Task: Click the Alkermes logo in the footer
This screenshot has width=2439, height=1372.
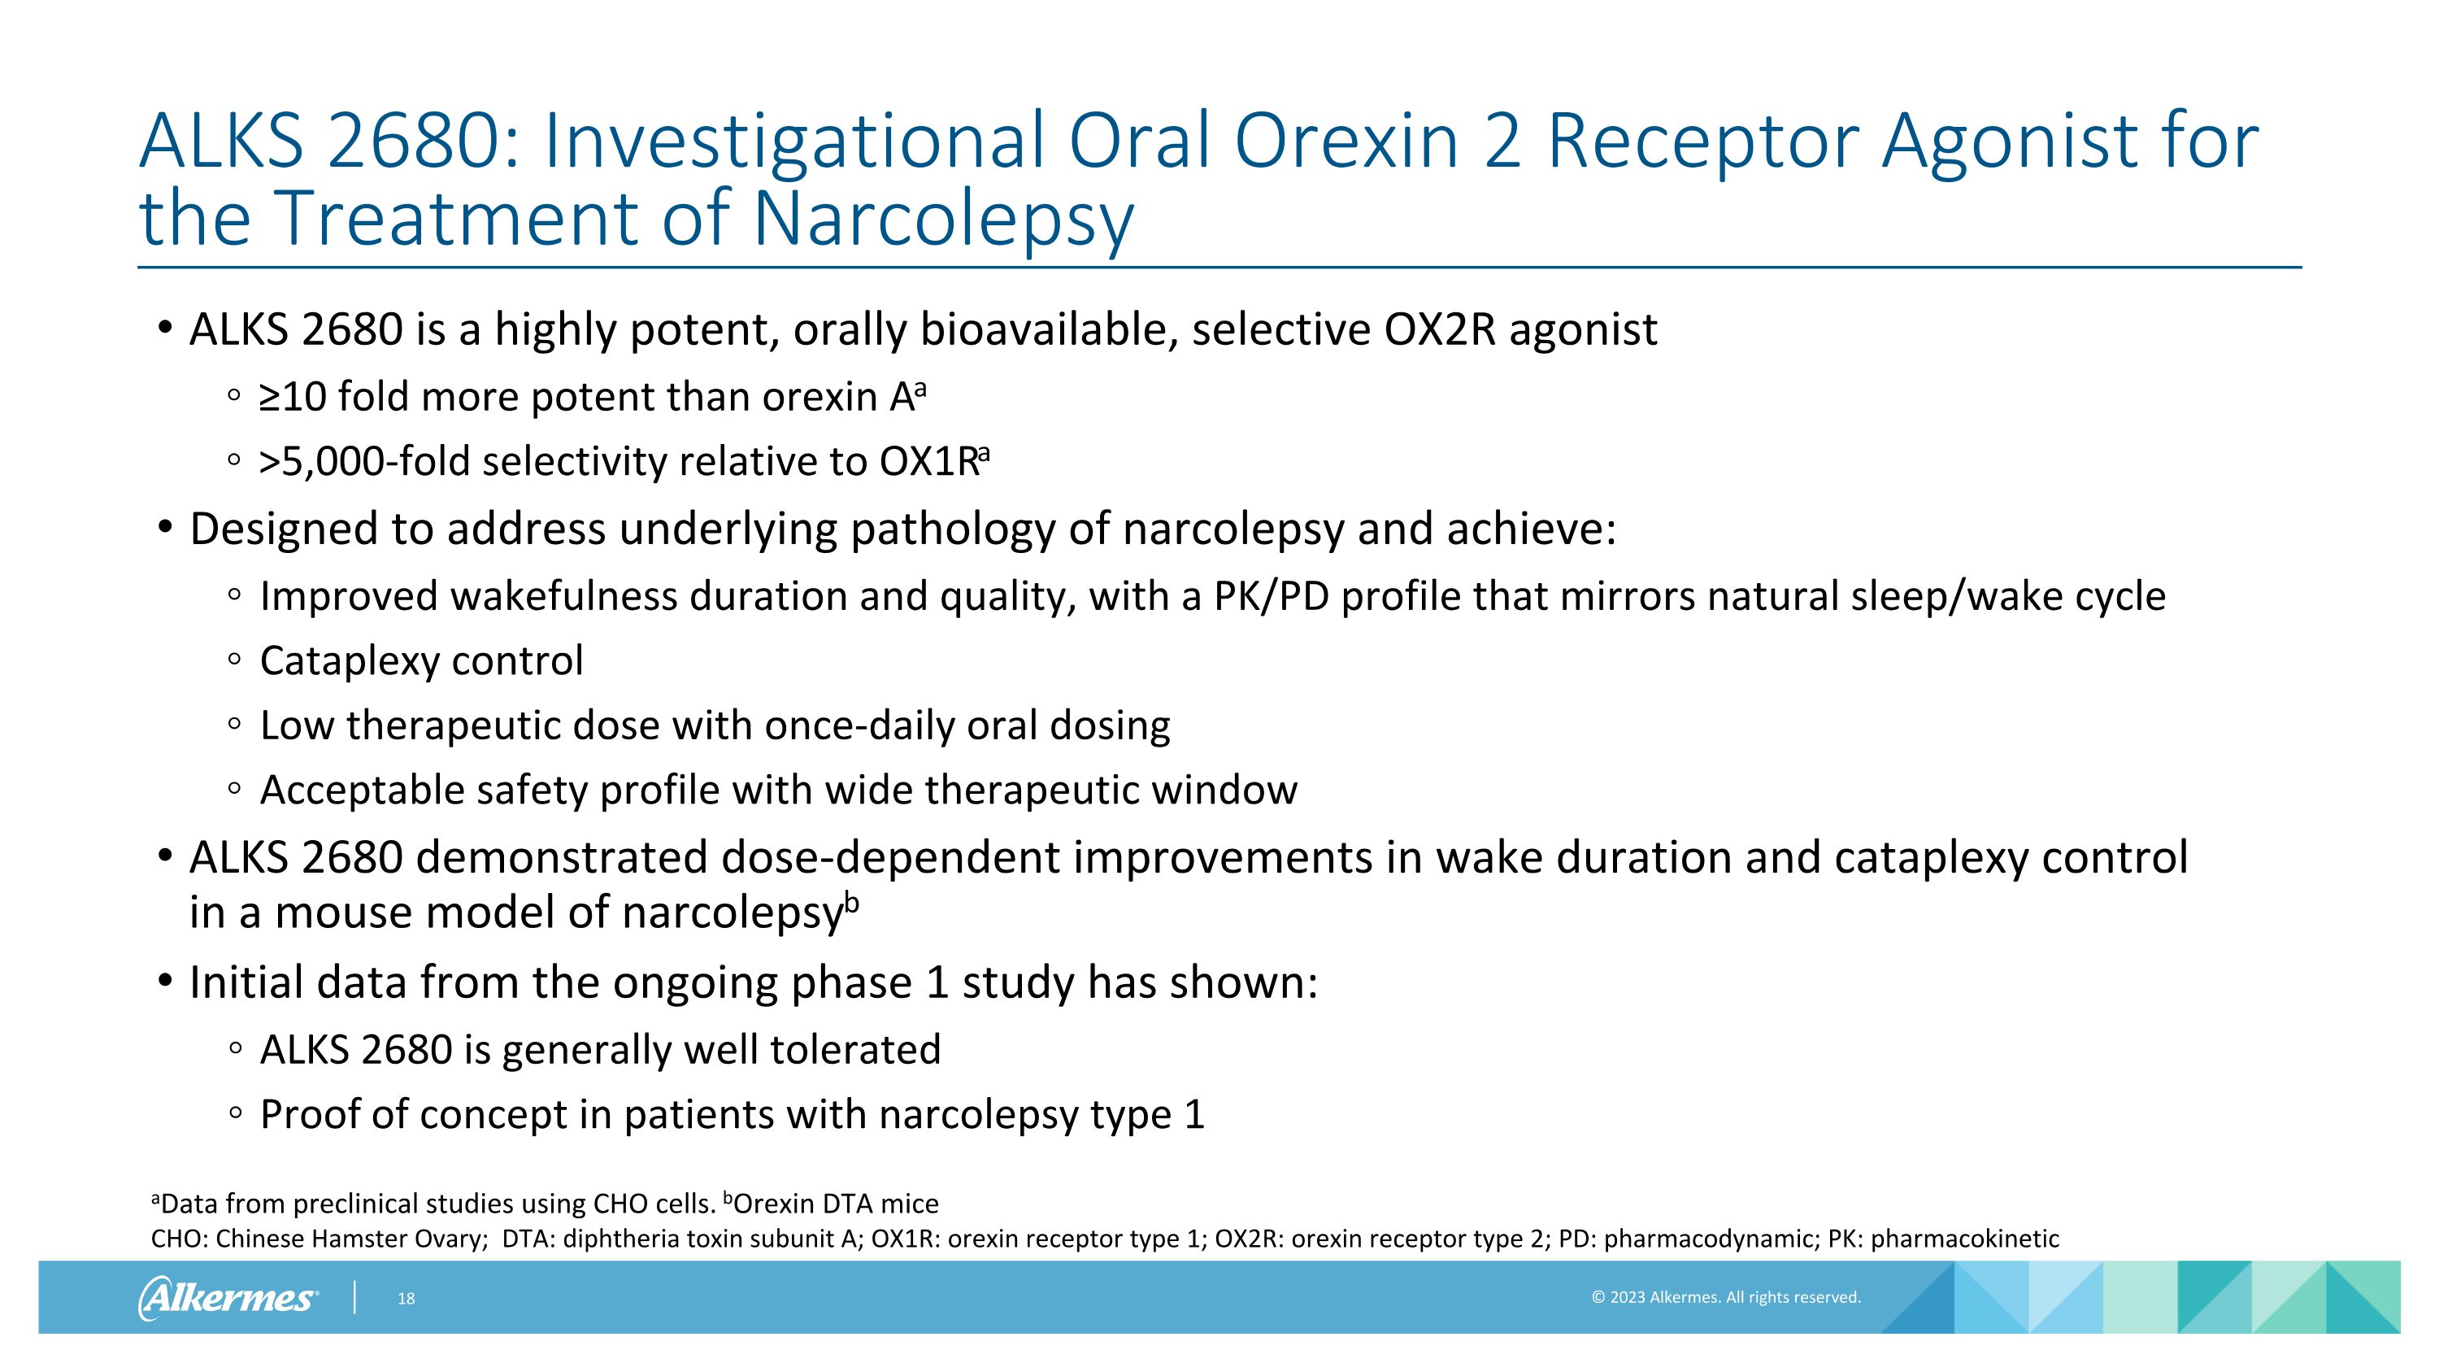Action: pyautogui.click(x=228, y=1297)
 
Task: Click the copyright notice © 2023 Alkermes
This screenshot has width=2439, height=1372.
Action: pyautogui.click(x=1725, y=1297)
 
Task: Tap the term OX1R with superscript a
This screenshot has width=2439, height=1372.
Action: pyautogui.click(x=932, y=462)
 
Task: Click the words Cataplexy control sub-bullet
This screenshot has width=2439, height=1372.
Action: pyautogui.click(x=421, y=661)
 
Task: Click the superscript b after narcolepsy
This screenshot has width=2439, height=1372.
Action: pyautogui.click(x=851, y=903)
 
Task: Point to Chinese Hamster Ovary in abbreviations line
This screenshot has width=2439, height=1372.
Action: pyautogui.click(x=350, y=1239)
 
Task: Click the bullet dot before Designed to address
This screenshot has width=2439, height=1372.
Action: pyautogui.click(x=166, y=526)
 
